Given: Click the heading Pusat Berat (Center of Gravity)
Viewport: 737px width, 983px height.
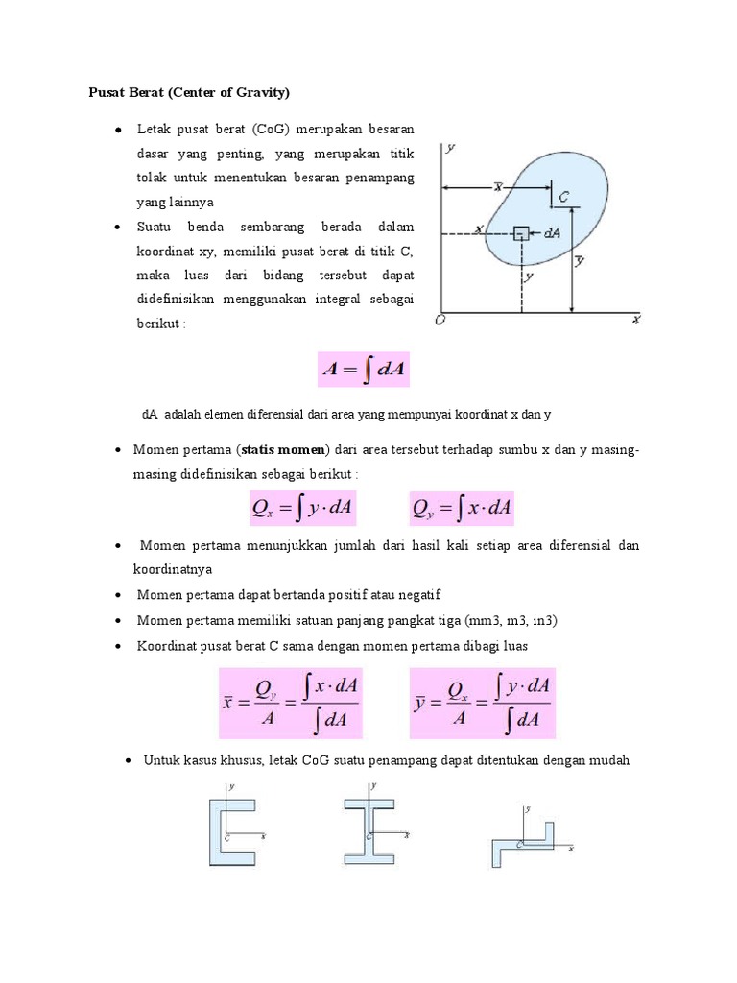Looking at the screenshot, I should [x=189, y=93].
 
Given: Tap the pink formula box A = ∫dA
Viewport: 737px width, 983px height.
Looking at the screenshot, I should [x=364, y=370].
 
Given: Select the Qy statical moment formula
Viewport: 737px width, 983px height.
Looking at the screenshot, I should [x=462, y=508].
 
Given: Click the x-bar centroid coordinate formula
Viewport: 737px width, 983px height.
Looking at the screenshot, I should [x=291, y=704].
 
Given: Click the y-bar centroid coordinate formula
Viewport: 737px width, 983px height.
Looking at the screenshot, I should [x=483, y=704].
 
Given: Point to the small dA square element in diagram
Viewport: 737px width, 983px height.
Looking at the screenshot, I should [x=521, y=233].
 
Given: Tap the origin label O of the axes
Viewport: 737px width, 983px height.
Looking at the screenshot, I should [x=439, y=321].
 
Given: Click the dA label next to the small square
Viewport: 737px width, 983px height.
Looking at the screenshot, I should [x=551, y=232].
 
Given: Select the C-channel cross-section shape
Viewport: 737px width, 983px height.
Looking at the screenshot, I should [x=231, y=824].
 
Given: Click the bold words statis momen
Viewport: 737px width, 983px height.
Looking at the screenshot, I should [x=284, y=449].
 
